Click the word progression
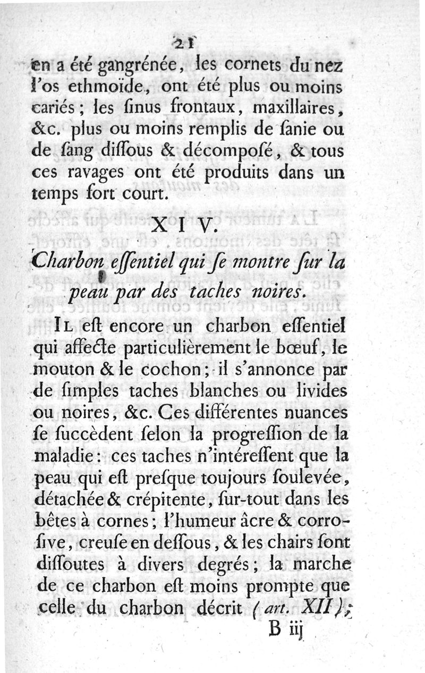271,435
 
